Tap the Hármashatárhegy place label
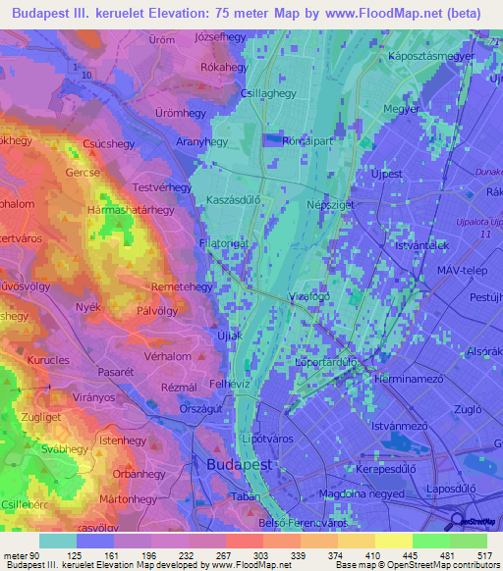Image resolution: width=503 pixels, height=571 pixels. pos(132,210)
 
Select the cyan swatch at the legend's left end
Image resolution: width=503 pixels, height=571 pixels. pos(57,541)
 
